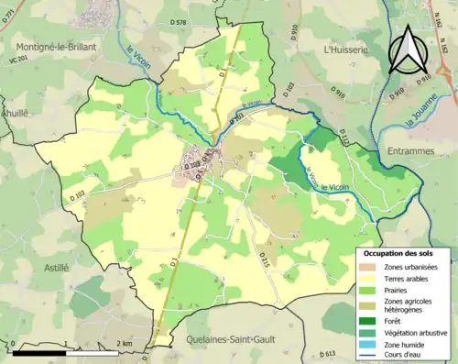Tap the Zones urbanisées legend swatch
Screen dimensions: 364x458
point(370,266)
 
